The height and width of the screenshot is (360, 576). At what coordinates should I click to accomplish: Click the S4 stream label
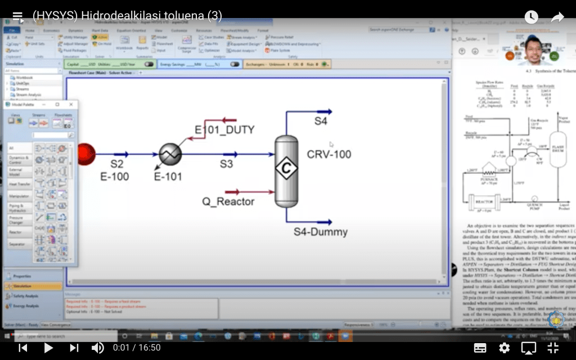click(x=321, y=121)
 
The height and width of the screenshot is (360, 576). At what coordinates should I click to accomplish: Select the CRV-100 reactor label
click(x=329, y=154)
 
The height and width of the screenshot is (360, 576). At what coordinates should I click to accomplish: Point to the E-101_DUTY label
click(x=224, y=130)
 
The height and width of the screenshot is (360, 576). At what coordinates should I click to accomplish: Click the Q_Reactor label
click(x=228, y=201)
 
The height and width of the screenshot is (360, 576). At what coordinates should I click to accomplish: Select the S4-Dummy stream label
click(x=321, y=232)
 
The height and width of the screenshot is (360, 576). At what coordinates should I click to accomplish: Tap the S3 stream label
click(x=226, y=164)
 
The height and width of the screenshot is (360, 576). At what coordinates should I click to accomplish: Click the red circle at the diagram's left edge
click(x=85, y=154)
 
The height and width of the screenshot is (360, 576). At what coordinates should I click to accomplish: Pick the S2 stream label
click(x=116, y=164)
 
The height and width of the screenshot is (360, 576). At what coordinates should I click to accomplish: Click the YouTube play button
click(x=48, y=348)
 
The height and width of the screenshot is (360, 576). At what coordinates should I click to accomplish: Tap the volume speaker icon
click(x=97, y=348)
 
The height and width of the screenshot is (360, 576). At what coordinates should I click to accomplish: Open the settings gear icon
click(x=504, y=348)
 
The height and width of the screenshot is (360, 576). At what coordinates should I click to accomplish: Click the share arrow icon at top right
click(x=557, y=17)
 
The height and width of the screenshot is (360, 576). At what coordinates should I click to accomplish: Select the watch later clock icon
click(x=531, y=17)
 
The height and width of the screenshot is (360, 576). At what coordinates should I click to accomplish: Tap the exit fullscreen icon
click(x=553, y=348)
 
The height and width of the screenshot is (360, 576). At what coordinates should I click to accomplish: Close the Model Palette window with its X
click(x=71, y=105)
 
